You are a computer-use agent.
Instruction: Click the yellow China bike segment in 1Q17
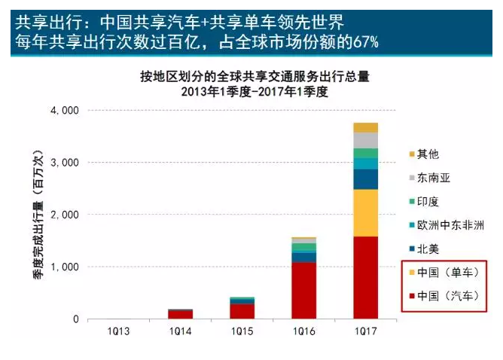pyautogui.click(x=366, y=212)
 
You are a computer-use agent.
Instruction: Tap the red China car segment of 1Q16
pyautogui.click(x=303, y=290)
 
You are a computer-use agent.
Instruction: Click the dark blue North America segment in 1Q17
pyautogui.click(x=366, y=178)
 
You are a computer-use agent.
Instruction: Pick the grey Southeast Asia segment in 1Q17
pyautogui.click(x=366, y=140)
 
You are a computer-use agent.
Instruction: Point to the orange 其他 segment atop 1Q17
pyautogui.click(x=366, y=127)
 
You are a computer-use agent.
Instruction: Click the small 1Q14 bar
pyautogui.click(x=180, y=314)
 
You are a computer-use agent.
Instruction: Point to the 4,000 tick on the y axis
pyautogui.click(x=65, y=111)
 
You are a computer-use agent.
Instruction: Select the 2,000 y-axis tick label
pyautogui.click(x=65, y=215)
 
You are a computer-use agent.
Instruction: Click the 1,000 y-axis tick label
pyautogui.click(x=65, y=267)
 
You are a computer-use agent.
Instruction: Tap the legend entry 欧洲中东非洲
pyautogui.click(x=456, y=224)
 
